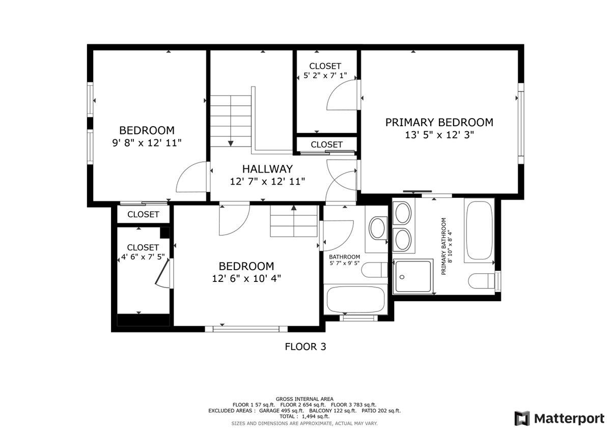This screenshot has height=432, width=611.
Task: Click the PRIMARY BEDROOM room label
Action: pyautogui.click(x=439, y=123)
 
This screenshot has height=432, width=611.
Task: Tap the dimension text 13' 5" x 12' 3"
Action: pyautogui.click(x=439, y=135)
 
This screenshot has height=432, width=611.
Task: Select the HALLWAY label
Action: pyautogui.click(x=267, y=169)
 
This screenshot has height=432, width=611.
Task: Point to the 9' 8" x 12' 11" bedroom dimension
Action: pyautogui.click(x=147, y=143)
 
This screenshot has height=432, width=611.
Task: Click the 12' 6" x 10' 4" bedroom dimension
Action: pyautogui.click(x=246, y=278)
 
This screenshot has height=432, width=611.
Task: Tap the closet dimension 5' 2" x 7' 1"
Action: pyautogui.click(x=322, y=76)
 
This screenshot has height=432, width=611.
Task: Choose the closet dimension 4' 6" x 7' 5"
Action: pyautogui.click(x=143, y=257)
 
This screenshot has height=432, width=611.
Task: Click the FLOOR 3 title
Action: pyautogui.click(x=305, y=347)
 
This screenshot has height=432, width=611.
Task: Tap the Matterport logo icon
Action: pyautogui.click(x=522, y=418)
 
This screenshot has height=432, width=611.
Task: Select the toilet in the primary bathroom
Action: pyautogui.click(x=481, y=280)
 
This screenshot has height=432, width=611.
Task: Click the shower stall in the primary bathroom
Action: pyautogui.click(x=414, y=276)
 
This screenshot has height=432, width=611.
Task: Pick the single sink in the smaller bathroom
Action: pyautogui.click(x=378, y=228)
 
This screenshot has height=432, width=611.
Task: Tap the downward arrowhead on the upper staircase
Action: pyautogui.click(x=231, y=144)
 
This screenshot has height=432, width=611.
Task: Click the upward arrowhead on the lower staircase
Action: pyautogui.click(x=293, y=207)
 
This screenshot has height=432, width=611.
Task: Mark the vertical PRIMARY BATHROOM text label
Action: pyautogui.click(x=447, y=246)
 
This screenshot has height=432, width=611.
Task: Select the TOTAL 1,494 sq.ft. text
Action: pyautogui.click(x=304, y=417)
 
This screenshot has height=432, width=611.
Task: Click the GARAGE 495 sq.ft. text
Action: pyautogui.click(x=282, y=411)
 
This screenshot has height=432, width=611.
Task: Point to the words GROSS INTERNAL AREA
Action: pyautogui.click(x=304, y=399)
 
